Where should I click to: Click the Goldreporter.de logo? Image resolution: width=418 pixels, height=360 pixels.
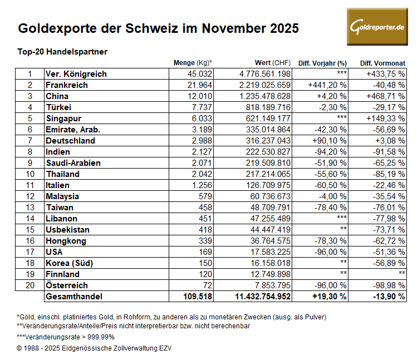pos(377,27)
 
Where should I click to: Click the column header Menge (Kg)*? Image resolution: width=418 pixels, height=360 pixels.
pos(193,63)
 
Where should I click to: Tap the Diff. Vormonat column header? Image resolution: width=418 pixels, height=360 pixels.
pos(382,63)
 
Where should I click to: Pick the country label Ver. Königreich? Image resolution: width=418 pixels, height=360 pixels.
pos(76,73)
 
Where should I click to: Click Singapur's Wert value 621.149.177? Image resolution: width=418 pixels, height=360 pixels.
pos(267,118)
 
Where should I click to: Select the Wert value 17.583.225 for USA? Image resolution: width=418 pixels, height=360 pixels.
pos(269,251)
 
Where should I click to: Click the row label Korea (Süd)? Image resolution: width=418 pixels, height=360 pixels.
pos(69,263)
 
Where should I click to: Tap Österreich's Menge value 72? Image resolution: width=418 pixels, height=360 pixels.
pos(208,285)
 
